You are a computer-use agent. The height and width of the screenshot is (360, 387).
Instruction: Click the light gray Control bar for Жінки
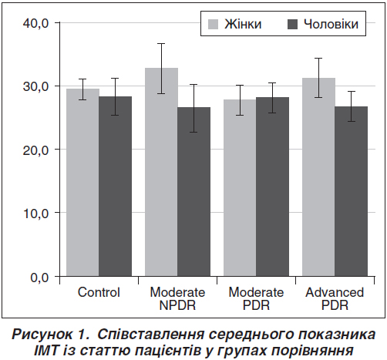tap(82, 183)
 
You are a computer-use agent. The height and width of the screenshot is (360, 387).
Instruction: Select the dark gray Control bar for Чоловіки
tap(116, 187)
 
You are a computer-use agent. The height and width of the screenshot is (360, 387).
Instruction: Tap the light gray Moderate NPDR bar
tap(161, 172)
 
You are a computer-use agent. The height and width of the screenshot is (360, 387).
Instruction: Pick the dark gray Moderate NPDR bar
tap(194, 192)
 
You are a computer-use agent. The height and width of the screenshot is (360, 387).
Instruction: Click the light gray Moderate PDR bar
tap(240, 188)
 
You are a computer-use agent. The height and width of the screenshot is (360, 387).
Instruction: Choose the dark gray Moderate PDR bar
tap(272, 187)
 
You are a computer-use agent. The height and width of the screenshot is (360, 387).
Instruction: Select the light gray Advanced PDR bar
tap(318, 177)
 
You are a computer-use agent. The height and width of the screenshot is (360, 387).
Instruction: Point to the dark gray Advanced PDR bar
tap(351, 191)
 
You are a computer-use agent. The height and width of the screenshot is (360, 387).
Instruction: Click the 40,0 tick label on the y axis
tap(35, 23)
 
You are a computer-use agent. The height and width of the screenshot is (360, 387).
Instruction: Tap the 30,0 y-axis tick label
tap(35, 86)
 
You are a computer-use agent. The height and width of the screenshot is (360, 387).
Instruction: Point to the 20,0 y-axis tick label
tap(35, 150)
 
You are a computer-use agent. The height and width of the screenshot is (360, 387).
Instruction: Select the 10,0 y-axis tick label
tap(35, 214)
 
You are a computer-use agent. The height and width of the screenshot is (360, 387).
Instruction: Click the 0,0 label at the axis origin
tap(39, 278)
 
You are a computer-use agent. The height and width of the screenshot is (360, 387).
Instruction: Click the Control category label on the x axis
tap(99, 292)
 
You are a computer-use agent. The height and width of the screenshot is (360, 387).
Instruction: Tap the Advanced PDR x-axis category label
tap(335, 298)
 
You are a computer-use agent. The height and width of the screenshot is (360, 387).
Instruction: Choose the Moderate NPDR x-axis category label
tap(177, 298)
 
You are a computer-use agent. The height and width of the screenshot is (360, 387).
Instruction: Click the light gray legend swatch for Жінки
tap(213, 24)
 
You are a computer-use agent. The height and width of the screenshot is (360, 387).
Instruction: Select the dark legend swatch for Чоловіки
tap(292, 24)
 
